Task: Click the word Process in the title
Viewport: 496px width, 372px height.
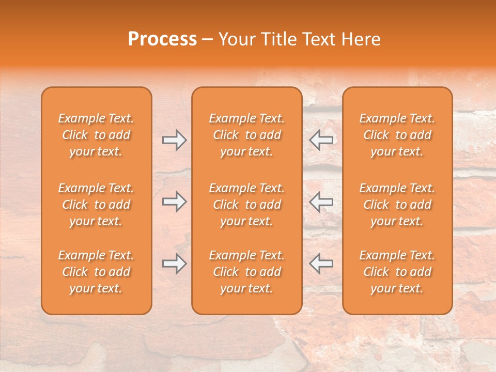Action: click(x=162, y=39)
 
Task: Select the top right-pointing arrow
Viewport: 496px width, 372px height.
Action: click(x=174, y=139)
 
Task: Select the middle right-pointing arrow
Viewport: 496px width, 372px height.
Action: click(x=174, y=202)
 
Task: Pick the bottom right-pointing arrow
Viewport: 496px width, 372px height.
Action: click(x=174, y=263)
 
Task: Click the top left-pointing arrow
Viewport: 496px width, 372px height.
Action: click(x=321, y=139)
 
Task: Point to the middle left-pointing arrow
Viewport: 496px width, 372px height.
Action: click(x=321, y=202)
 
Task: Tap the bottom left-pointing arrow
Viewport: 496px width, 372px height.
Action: click(x=321, y=263)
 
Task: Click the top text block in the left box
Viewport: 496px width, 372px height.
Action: click(x=96, y=135)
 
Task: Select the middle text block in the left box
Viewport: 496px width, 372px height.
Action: click(x=96, y=205)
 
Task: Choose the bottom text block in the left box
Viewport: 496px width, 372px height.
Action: click(x=96, y=272)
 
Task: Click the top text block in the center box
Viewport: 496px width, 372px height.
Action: click(x=247, y=135)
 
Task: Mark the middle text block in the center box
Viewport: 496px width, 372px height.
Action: click(x=247, y=205)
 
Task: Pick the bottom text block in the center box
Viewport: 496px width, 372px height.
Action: click(x=247, y=272)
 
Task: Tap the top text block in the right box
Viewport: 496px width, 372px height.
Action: click(x=397, y=135)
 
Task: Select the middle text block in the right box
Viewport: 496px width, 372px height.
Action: click(x=397, y=205)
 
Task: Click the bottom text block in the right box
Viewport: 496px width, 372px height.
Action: click(x=397, y=272)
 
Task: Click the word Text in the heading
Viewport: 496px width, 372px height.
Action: click(x=318, y=39)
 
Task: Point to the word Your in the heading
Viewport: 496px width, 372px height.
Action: click(x=237, y=39)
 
